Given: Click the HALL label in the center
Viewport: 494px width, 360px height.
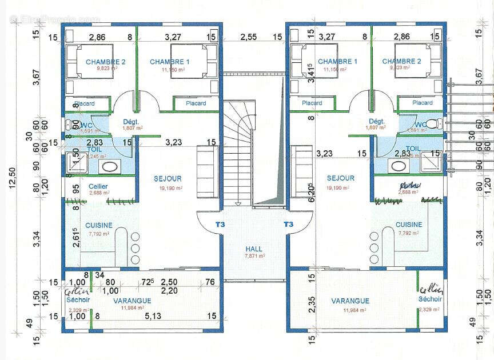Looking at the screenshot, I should [x=254, y=249].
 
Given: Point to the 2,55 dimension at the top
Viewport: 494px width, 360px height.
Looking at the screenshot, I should [x=248, y=37].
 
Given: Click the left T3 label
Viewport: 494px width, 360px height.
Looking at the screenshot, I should [x=220, y=225].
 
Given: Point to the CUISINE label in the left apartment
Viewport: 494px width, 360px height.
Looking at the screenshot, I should [x=99, y=225].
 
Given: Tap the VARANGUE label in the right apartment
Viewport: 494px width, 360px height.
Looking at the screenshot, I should [x=350, y=301].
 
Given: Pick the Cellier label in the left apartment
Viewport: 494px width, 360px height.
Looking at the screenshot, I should [x=98, y=186].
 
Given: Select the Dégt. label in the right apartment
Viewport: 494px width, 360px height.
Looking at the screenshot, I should [x=376, y=121].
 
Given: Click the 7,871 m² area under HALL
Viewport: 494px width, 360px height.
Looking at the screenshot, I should [x=254, y=257].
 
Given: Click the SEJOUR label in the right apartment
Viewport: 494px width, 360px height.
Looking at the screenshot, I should [x=340, y=178].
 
